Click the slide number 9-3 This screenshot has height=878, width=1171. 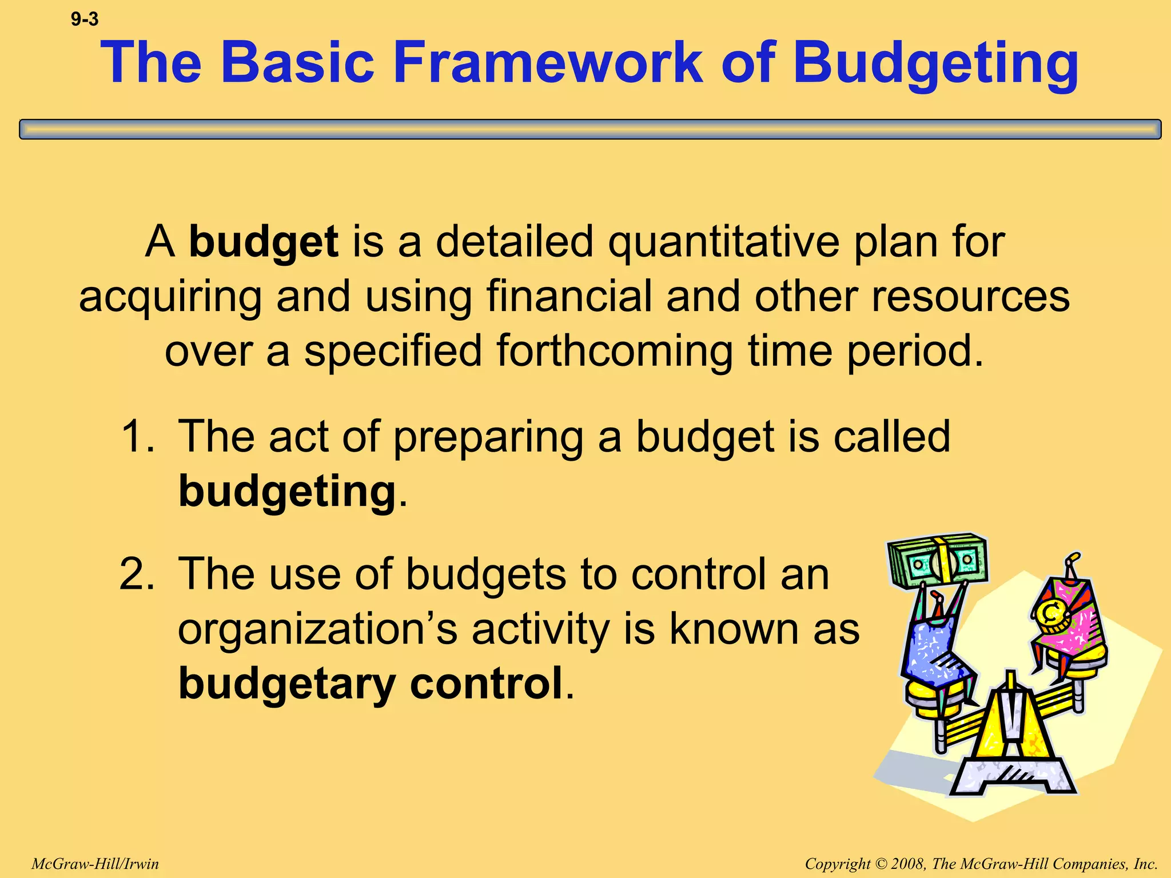click(x=85, y=20)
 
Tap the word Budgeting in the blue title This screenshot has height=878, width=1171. click(x=935, y=63)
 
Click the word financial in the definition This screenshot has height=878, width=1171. click(x=569, y=296)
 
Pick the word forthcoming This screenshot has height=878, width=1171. click(x=614, y=350)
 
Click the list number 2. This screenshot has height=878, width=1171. click(x=137, y=574)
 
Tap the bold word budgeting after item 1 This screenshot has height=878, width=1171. click(x=287, y=491)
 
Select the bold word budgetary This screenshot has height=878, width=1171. click(x=287, y=684)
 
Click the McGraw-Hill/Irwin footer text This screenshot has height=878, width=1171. click(x=95, y=864)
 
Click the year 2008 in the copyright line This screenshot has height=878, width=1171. click(x=909, y=864)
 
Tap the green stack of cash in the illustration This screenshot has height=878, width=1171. click(x=938, y=561)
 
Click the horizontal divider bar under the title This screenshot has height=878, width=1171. click(x=590, y=129)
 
